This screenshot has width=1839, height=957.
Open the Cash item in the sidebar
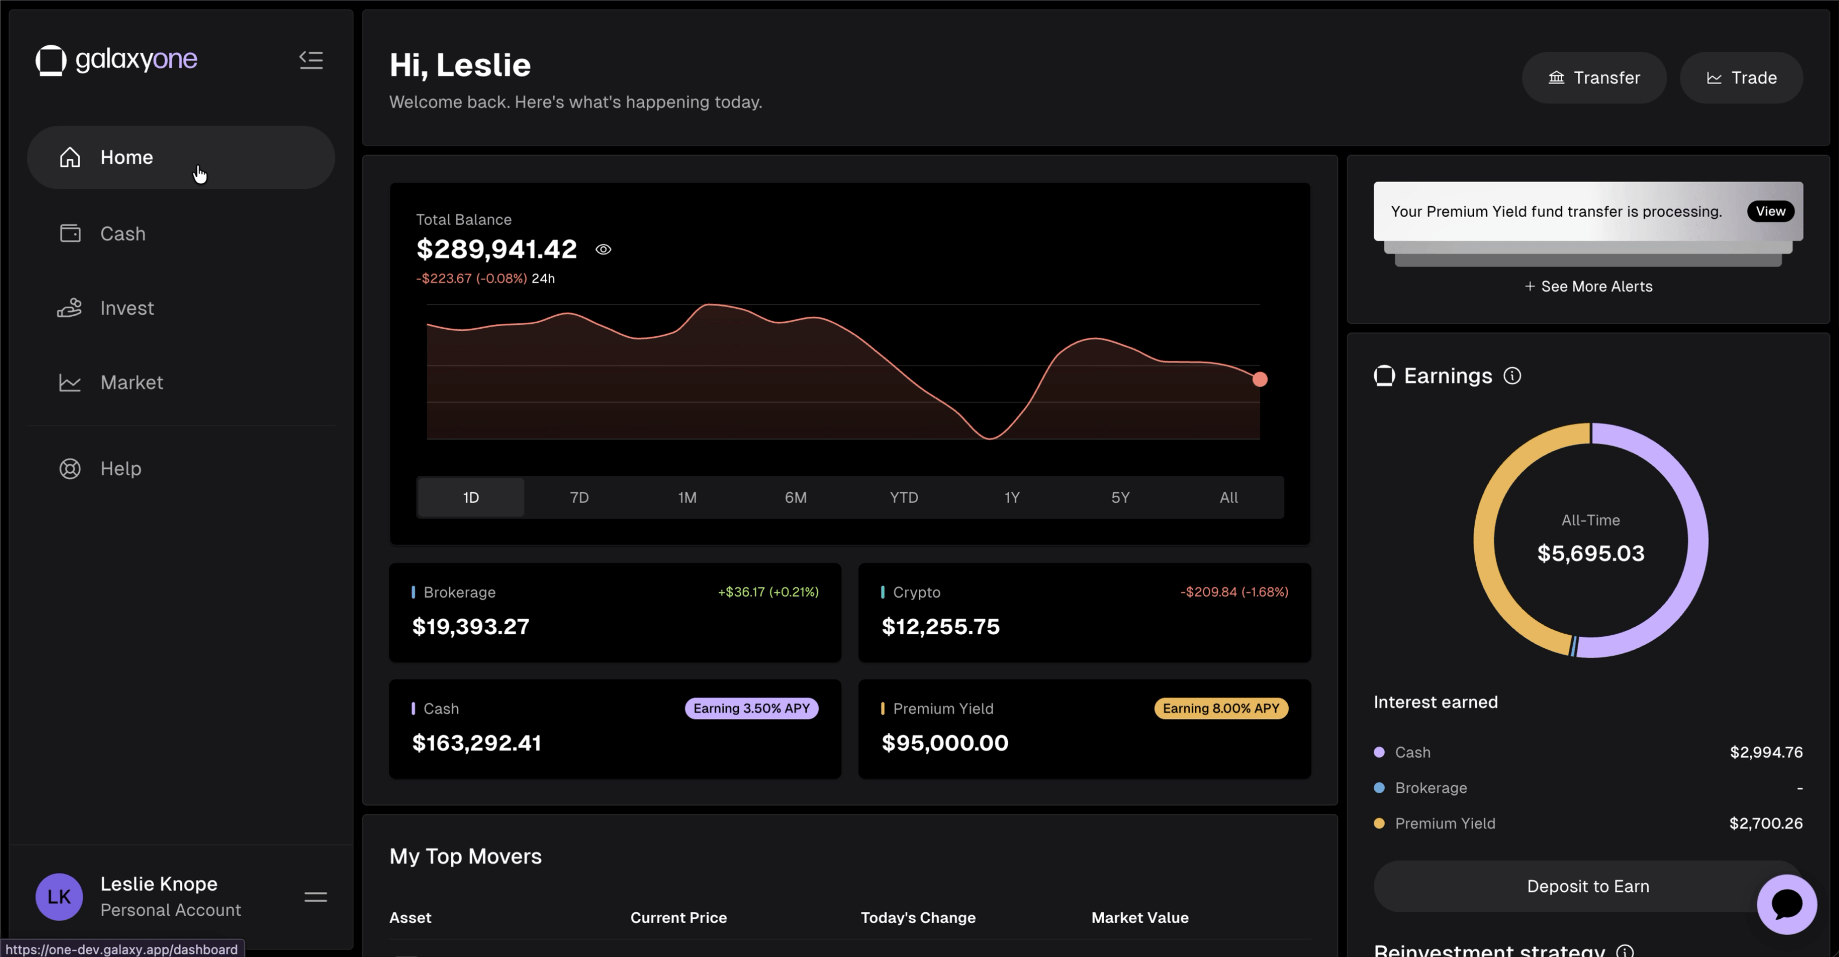123,234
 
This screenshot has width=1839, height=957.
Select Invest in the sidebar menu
126,308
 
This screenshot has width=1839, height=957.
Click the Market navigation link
132,383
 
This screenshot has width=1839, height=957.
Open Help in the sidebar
121,469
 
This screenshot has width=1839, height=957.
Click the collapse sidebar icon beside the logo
310,60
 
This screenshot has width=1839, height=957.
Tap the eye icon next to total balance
603,250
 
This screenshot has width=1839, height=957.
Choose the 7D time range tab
579,497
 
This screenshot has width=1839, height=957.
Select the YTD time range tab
903,497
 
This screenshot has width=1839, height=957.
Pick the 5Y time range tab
1119,497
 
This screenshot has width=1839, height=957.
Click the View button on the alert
1770,211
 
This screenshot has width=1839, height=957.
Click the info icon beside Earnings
1511,376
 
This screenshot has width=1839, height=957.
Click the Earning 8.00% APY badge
1220,709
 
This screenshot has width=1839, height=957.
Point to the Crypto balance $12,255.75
940,627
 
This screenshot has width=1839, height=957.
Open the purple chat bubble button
1786,904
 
